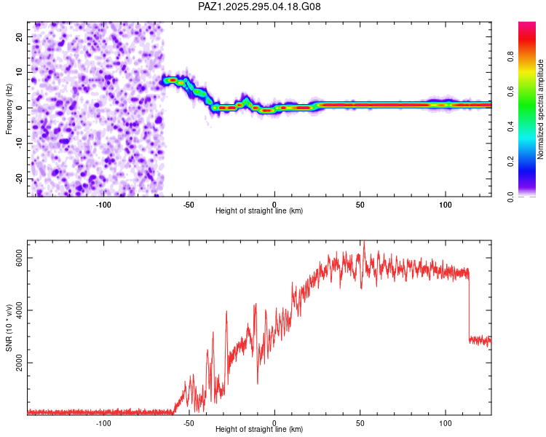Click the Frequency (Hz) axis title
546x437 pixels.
9,109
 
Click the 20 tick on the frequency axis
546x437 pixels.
20,36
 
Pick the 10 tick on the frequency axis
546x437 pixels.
20,72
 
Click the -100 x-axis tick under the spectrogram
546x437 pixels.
103,205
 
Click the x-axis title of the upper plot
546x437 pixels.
259,211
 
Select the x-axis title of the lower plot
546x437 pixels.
259,430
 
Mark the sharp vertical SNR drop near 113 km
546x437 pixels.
469,306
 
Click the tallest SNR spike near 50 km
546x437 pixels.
364,243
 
